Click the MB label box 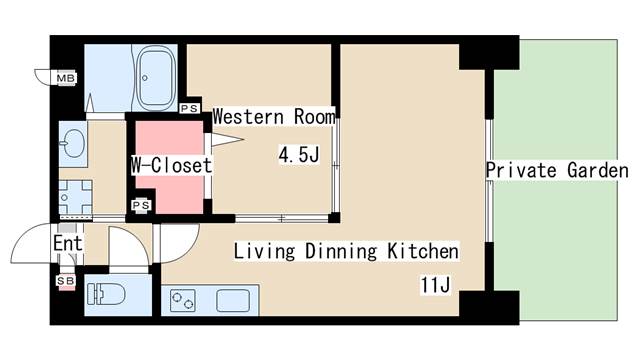click(x=66, y=78)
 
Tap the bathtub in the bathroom click(x=157, y=78)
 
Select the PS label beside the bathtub click(x=189, y=108)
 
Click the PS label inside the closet click(x=141, y=205)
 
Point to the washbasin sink click(x=73, y=143)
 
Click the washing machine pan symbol click(x=75, y=198)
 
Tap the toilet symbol click(x=106, y=294)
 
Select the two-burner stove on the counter click(x=182, y=300)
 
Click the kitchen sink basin click(x=233, y=300)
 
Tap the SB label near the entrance click(x=66, y=281)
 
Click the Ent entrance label click(x=68, y=243)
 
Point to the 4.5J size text click(x=299, y=155)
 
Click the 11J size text click(x=435, y=284)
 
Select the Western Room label click(x=274, y=117)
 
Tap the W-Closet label click(x=171, y=165)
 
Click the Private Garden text click(x=557, y=170)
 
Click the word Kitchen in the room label click(x=423, y=251)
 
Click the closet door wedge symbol click(x=227, y=140)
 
